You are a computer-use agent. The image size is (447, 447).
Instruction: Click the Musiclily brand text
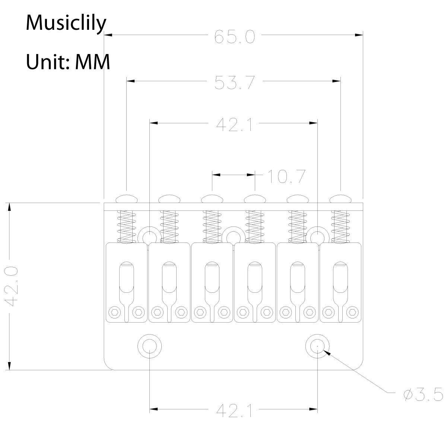(66, 23)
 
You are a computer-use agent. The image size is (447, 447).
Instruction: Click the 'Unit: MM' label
(68, 61)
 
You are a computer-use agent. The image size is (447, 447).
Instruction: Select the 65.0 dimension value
(234, 37)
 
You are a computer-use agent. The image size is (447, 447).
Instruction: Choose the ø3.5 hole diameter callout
(423, 394)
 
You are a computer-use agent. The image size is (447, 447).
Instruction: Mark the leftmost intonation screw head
(127, 198)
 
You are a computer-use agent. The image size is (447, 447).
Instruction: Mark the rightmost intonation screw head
(341, 198)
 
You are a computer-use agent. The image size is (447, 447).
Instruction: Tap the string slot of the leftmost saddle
(126, 278)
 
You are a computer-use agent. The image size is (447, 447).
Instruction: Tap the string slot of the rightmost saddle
(340, 278)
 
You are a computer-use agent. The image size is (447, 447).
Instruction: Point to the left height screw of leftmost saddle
(114, 311)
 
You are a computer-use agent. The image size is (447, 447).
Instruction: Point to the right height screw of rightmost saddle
(352, 311)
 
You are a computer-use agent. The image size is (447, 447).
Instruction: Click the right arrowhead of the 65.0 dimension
(359, 35)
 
